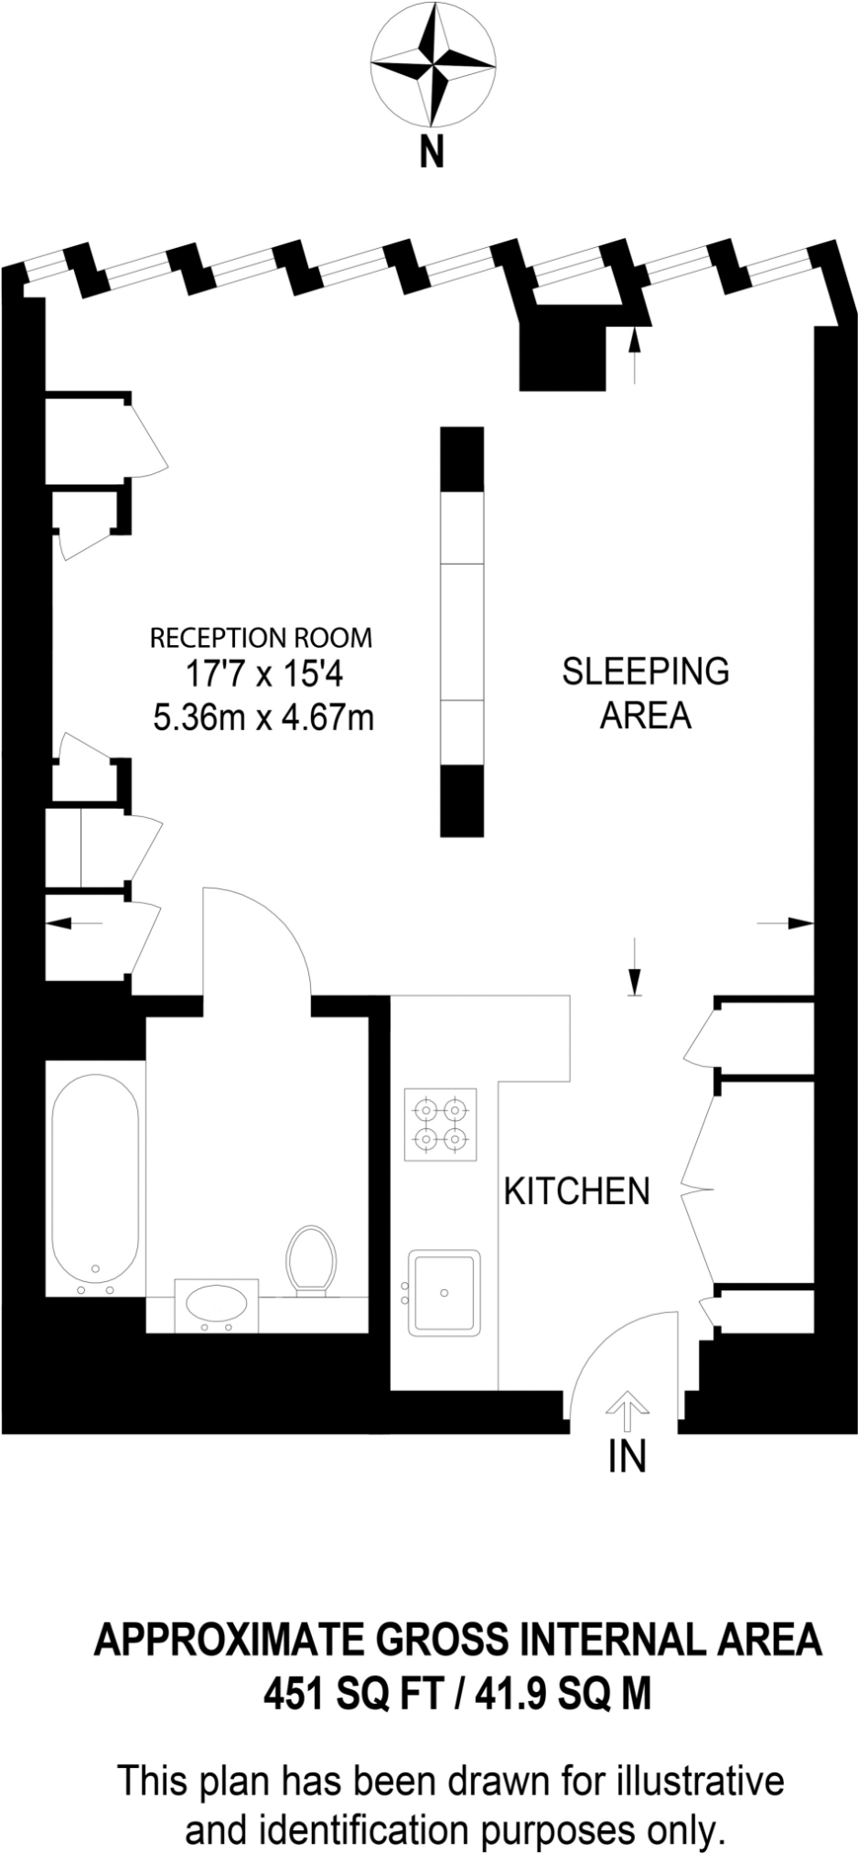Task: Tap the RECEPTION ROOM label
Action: (262, 637)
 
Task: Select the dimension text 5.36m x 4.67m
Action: (263, 717)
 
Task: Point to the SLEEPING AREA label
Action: (646, 693)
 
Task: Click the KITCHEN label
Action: (577, 1191)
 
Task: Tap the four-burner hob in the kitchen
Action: (441, 1125)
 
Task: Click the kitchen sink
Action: (444, 1292)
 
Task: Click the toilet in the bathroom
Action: (311, 1260)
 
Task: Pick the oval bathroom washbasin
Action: (215, 1305)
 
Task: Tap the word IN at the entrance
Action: (627, 1456)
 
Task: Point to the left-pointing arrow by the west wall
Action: (74, 923)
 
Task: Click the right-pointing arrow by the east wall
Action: (786, 923)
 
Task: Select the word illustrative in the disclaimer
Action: (699, 1781)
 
